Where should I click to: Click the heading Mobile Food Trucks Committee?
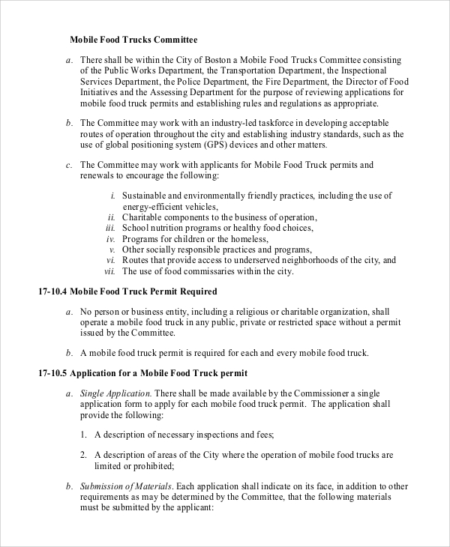(133, 39)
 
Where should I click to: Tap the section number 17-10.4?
(52, 291)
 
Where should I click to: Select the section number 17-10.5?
(52, 372)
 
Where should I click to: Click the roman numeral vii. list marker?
(109, 271)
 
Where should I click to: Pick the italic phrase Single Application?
(116, 393)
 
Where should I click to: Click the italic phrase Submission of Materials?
(127, 486)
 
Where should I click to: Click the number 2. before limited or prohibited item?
(83, 455)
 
